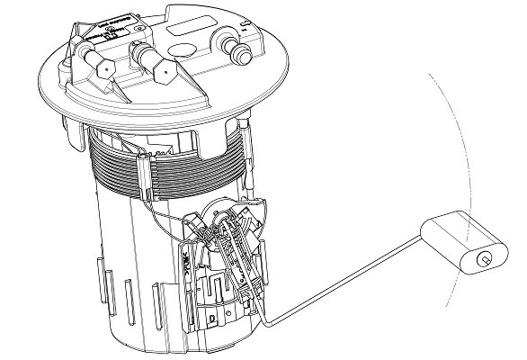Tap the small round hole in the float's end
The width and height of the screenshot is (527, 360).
coord(484,259)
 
